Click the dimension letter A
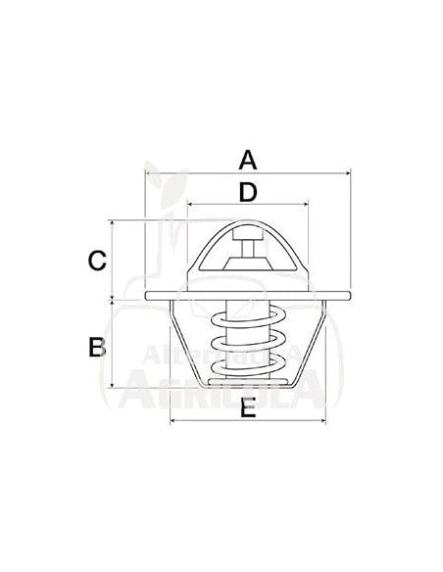pos(248,159)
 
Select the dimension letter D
pos(248,192)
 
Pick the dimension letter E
pos(248,409)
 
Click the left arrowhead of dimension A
pos(148,173)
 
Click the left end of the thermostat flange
pos(147,295)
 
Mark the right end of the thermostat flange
pos(348,295)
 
